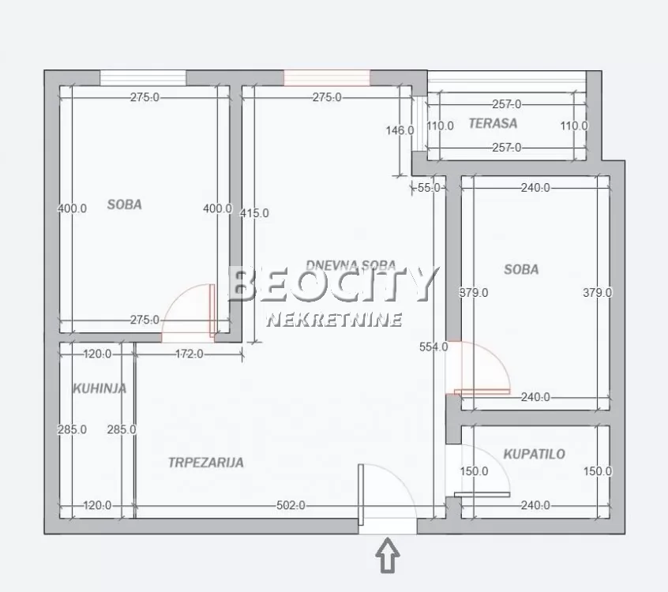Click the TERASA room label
(493, 123)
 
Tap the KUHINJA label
(99, 388)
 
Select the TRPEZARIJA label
(205, 463)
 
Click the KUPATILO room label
(535, 454)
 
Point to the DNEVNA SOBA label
(351, 266)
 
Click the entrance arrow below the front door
(388, 556)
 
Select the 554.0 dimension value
(433, 347)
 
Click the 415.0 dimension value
(254, 213)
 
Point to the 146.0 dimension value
(400, 130)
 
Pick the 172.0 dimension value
(189, 354)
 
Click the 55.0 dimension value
(428, 188)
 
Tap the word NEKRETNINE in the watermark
(335, 320)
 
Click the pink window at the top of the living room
(327, 77)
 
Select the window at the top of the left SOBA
(143, 77)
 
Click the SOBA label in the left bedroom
(125, 204)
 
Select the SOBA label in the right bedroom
(521, 269)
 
